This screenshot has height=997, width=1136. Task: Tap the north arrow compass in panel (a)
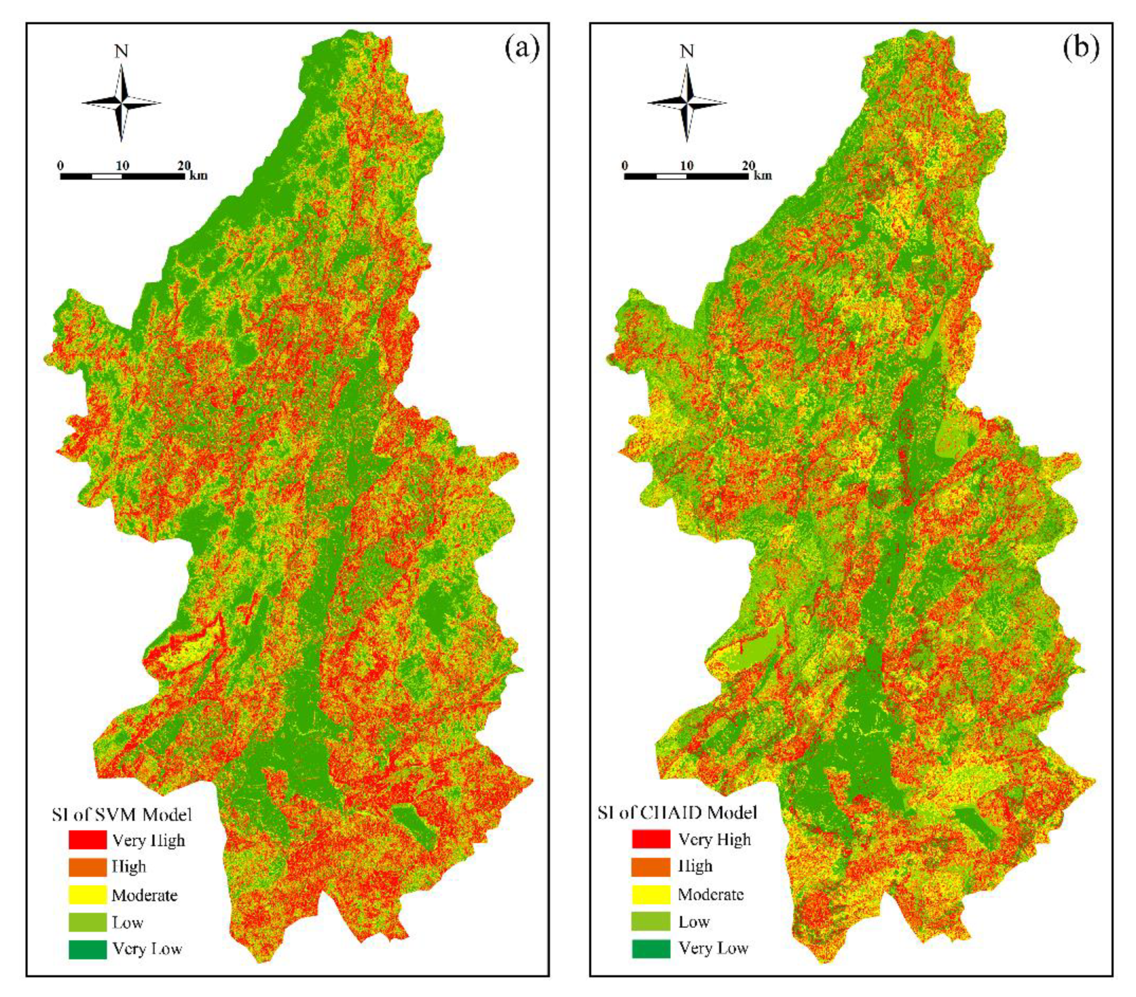pos(121,103)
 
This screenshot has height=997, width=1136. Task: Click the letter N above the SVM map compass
pos(121,52)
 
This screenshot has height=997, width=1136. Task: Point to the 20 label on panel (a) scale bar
pos(184,165)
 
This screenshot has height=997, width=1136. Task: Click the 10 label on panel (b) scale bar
pos(687,166)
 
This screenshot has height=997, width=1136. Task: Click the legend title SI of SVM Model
pos(122,815)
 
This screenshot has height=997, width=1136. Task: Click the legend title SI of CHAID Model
pos(677,812)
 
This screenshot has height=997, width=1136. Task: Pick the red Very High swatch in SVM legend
pos(87,840)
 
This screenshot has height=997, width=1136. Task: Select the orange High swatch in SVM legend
pos(87,867)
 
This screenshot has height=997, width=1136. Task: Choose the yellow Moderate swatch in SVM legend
pos(87,895)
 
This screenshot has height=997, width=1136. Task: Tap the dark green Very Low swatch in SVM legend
pos(87,949)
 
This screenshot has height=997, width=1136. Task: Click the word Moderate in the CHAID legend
pos(711,894)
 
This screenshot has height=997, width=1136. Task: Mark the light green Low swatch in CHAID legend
pos(651,921)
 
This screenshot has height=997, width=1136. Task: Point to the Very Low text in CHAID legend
pos(713,948)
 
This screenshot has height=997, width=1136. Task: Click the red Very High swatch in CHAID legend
pos(651,839)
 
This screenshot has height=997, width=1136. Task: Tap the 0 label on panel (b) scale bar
pos(625,166)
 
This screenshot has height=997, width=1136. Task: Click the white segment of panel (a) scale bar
pos(107,176)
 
